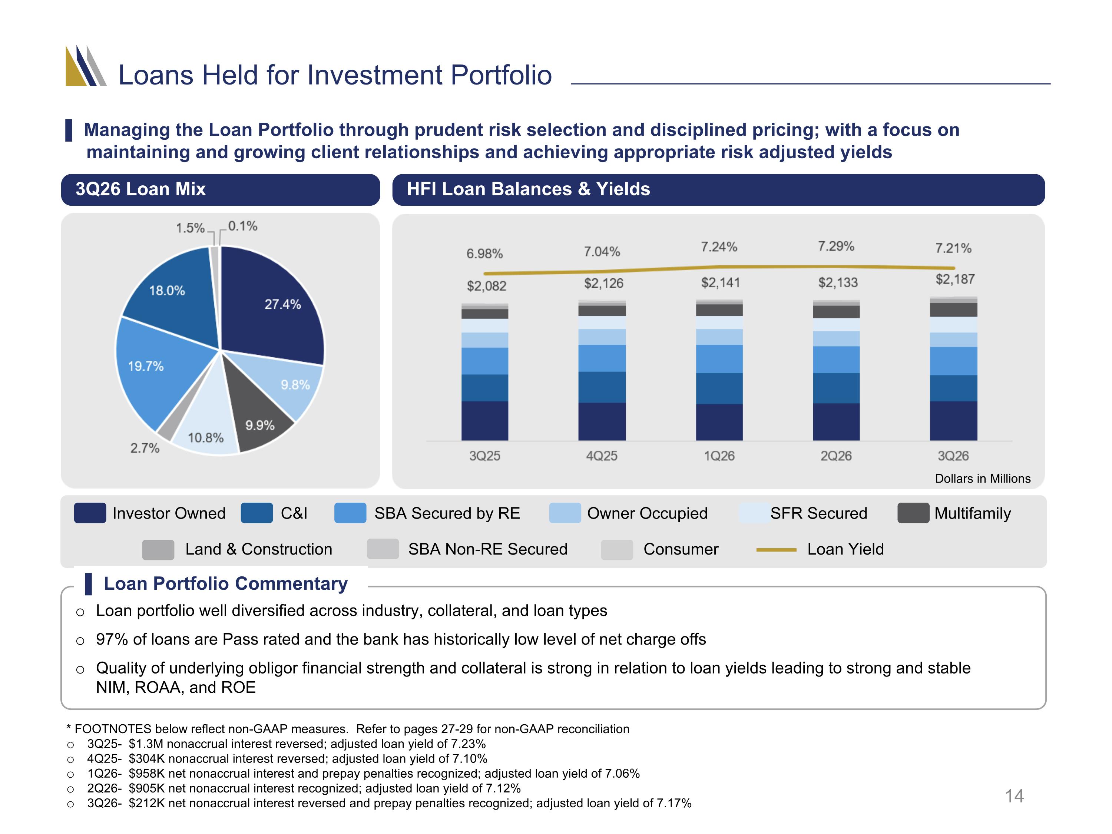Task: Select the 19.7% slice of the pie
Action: click(151, 367)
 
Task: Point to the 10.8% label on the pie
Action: click(206, 438)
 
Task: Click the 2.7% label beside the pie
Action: click(145, 448)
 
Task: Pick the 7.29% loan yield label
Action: click(836, 246)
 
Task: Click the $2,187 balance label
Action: click(954, 279)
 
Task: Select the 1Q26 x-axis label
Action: click(719, 456)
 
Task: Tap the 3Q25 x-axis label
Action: click(484, 456)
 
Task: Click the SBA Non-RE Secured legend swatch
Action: click(383, 549)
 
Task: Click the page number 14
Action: click(1015, 796)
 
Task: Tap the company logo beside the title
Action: click(86, 66)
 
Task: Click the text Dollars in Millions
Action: click(983, 479)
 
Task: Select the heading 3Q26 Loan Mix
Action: click(141, 189)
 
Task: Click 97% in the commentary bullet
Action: click(112, 639)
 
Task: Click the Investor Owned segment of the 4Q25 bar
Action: click(602, 421)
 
